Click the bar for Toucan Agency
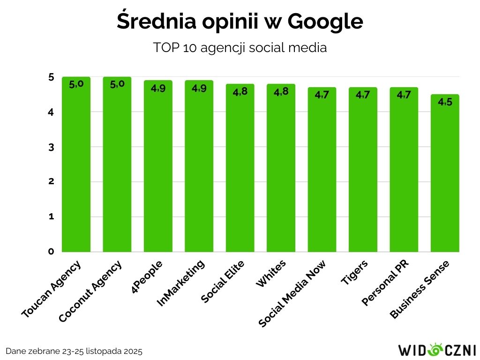tap(76, 169)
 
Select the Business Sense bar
tap(445, 178)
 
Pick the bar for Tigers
tap(363, 173)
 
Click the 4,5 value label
tap(445, 102)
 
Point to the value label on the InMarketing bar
tap(199, 88)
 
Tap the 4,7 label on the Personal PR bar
tap(404, 95)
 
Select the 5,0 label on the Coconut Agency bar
tap(117, 84)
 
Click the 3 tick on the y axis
tap(51, 147)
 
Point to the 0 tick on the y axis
tap(51, 252)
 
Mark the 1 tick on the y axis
tap(51, 217)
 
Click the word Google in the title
tap(325, 22)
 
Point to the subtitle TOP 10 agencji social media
tap(240, 48)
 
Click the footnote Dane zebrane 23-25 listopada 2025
tap(74, 351)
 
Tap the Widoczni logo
tap(437, 350)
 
